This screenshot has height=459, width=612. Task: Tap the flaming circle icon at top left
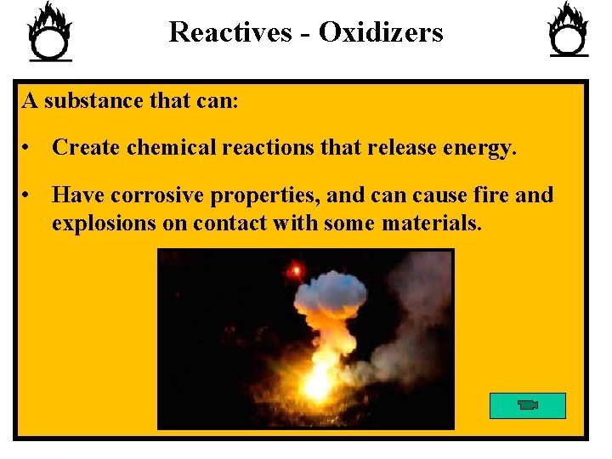[50, 32]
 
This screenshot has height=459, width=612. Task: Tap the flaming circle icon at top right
[569, 30]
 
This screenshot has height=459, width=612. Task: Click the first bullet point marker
[28, 149]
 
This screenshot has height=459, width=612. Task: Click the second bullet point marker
[28, 196]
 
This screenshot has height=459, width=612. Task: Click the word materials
[432, 224]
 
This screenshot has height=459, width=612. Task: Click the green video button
[527, 405]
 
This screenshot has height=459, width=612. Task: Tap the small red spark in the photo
[297, 270]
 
